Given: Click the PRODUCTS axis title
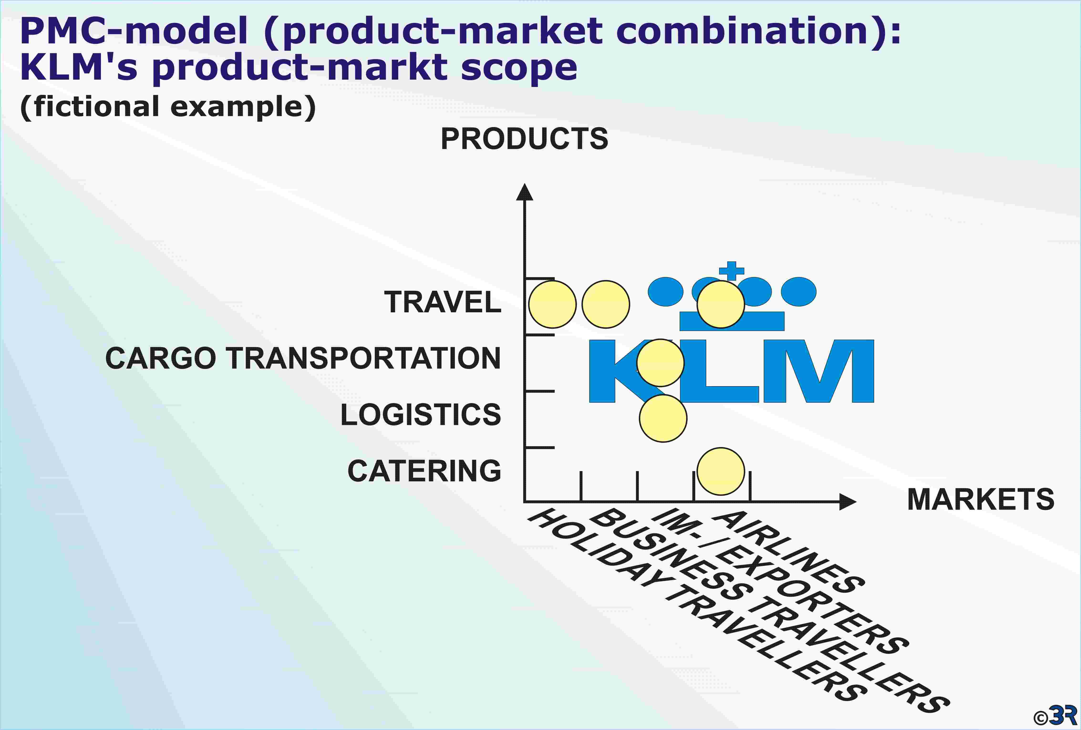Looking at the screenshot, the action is (524, 139).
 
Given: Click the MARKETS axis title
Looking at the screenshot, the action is (981, 500).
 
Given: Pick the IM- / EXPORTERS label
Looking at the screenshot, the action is (779, 581).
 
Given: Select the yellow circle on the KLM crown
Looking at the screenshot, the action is (720, 304).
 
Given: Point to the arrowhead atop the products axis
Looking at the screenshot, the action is (525, 192).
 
